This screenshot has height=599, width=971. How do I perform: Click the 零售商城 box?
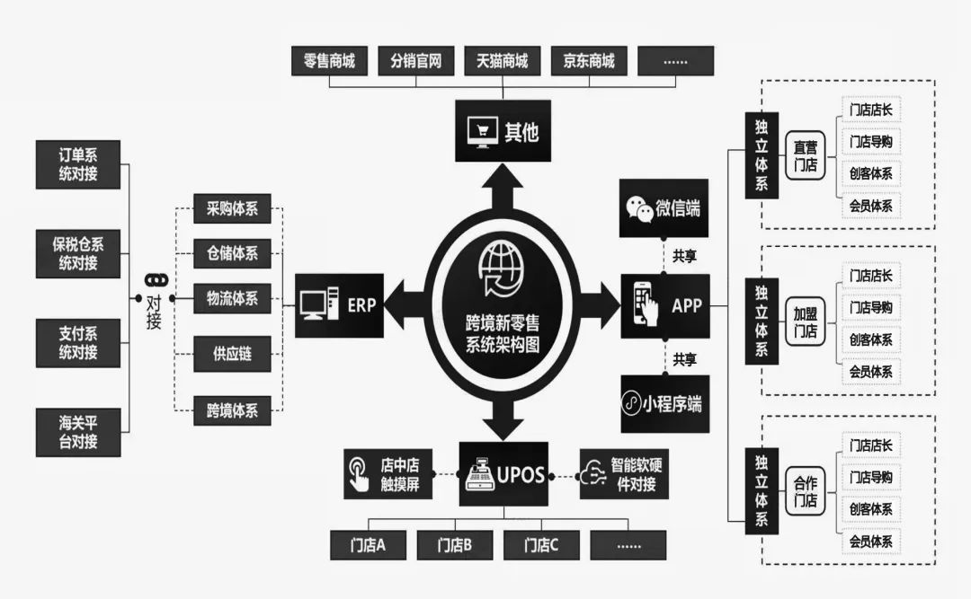pyautogui.click(x=329, y=61)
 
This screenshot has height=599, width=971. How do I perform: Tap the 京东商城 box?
pyautogui.click(x=588, y=61)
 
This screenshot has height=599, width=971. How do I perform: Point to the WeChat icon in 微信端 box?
pyautogui.click(x=641, y=208)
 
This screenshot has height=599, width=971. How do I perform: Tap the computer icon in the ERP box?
pyautogui.click(x=321, y=304)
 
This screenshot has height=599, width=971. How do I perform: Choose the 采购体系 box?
pyautogui.click(x=232, y=209)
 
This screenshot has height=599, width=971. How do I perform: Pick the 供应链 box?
pyautogui.click(x=232, y=354)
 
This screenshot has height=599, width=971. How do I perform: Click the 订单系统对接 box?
pyautogui.click(x=78, y=164)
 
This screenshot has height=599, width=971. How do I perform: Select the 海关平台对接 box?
pyautogui.click(x=78, y=432)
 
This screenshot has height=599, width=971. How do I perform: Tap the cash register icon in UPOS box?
pyautogui.click(x=479, y=473)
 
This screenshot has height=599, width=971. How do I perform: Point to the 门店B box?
pyautogui.click(x=455, y=544)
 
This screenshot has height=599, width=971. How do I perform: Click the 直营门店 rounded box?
pyautogui.click(x=805, y=155)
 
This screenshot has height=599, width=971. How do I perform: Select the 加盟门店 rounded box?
pyautogui.click(x=805, y=321)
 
